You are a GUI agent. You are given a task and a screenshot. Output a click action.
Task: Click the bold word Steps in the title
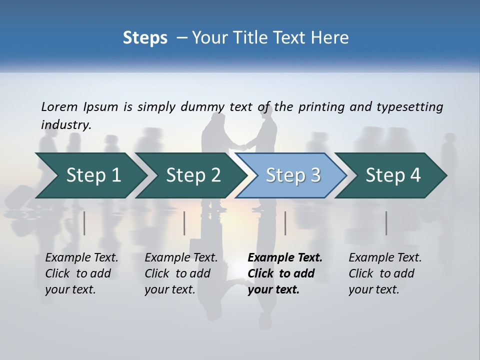click(145, 37)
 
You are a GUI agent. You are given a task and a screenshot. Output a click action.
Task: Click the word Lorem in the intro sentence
click(59, 106)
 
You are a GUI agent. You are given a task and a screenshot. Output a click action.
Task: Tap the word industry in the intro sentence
click(65, 124)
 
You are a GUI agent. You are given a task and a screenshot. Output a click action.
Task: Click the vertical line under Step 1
click(84, 223)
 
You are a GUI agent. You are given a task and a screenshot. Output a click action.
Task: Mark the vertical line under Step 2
click(184, 223)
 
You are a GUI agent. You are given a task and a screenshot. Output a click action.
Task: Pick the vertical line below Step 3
click(285, 223)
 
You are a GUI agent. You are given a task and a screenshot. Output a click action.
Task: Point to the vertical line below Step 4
click(386, 223)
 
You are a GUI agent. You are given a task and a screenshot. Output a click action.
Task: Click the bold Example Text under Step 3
click(285, 258)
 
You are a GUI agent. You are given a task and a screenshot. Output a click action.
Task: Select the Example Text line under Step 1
click(81, 258)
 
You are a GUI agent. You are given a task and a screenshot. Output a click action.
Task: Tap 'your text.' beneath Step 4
click(373, 289)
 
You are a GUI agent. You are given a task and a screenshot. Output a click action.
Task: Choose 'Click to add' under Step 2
click(177, 273)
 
